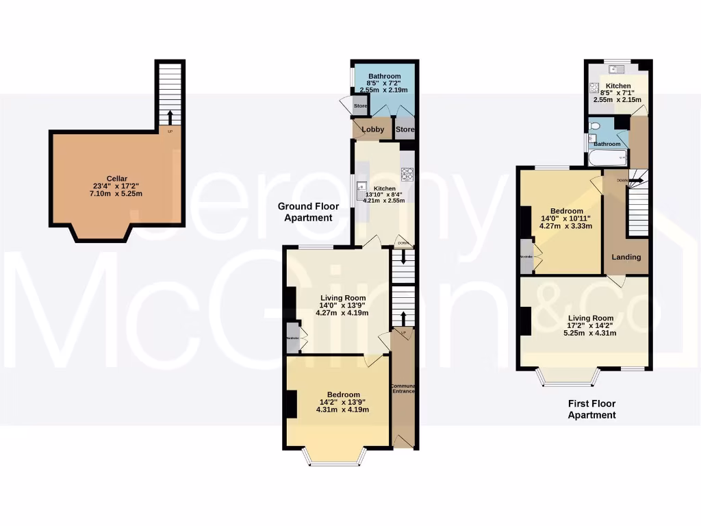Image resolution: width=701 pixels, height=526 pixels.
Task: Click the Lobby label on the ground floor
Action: pos(372,129)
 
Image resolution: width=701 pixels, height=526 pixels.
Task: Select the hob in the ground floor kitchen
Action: pos(407,173)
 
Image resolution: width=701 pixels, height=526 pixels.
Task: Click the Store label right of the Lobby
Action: pos(405,129)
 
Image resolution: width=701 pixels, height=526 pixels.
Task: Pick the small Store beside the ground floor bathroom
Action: pos(360,106)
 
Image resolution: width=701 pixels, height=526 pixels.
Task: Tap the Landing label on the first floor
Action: pos(626,257)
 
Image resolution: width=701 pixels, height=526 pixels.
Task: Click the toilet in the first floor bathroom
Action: pos(594,127)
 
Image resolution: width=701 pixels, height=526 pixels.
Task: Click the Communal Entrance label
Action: pos(403,388)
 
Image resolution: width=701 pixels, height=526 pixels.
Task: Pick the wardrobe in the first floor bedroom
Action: pos(527,256)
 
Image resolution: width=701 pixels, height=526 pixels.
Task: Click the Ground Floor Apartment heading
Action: pos(305,212)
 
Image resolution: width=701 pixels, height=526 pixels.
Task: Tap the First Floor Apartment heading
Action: pos(592,410)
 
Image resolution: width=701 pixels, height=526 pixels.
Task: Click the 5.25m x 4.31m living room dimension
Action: pos(589,334)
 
